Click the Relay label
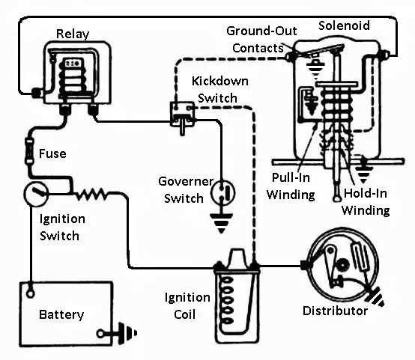73,34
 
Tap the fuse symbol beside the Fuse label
29,150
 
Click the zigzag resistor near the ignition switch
91,194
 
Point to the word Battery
61,315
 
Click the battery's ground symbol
127,333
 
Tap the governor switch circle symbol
222,193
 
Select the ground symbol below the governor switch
221,223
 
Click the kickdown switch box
182,114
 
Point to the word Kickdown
220,81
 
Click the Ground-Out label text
261,31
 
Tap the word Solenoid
344,25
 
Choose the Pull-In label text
291,177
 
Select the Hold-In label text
366,193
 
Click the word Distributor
335,311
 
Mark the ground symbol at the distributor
375,297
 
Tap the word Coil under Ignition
185,315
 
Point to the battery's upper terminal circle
31,293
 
